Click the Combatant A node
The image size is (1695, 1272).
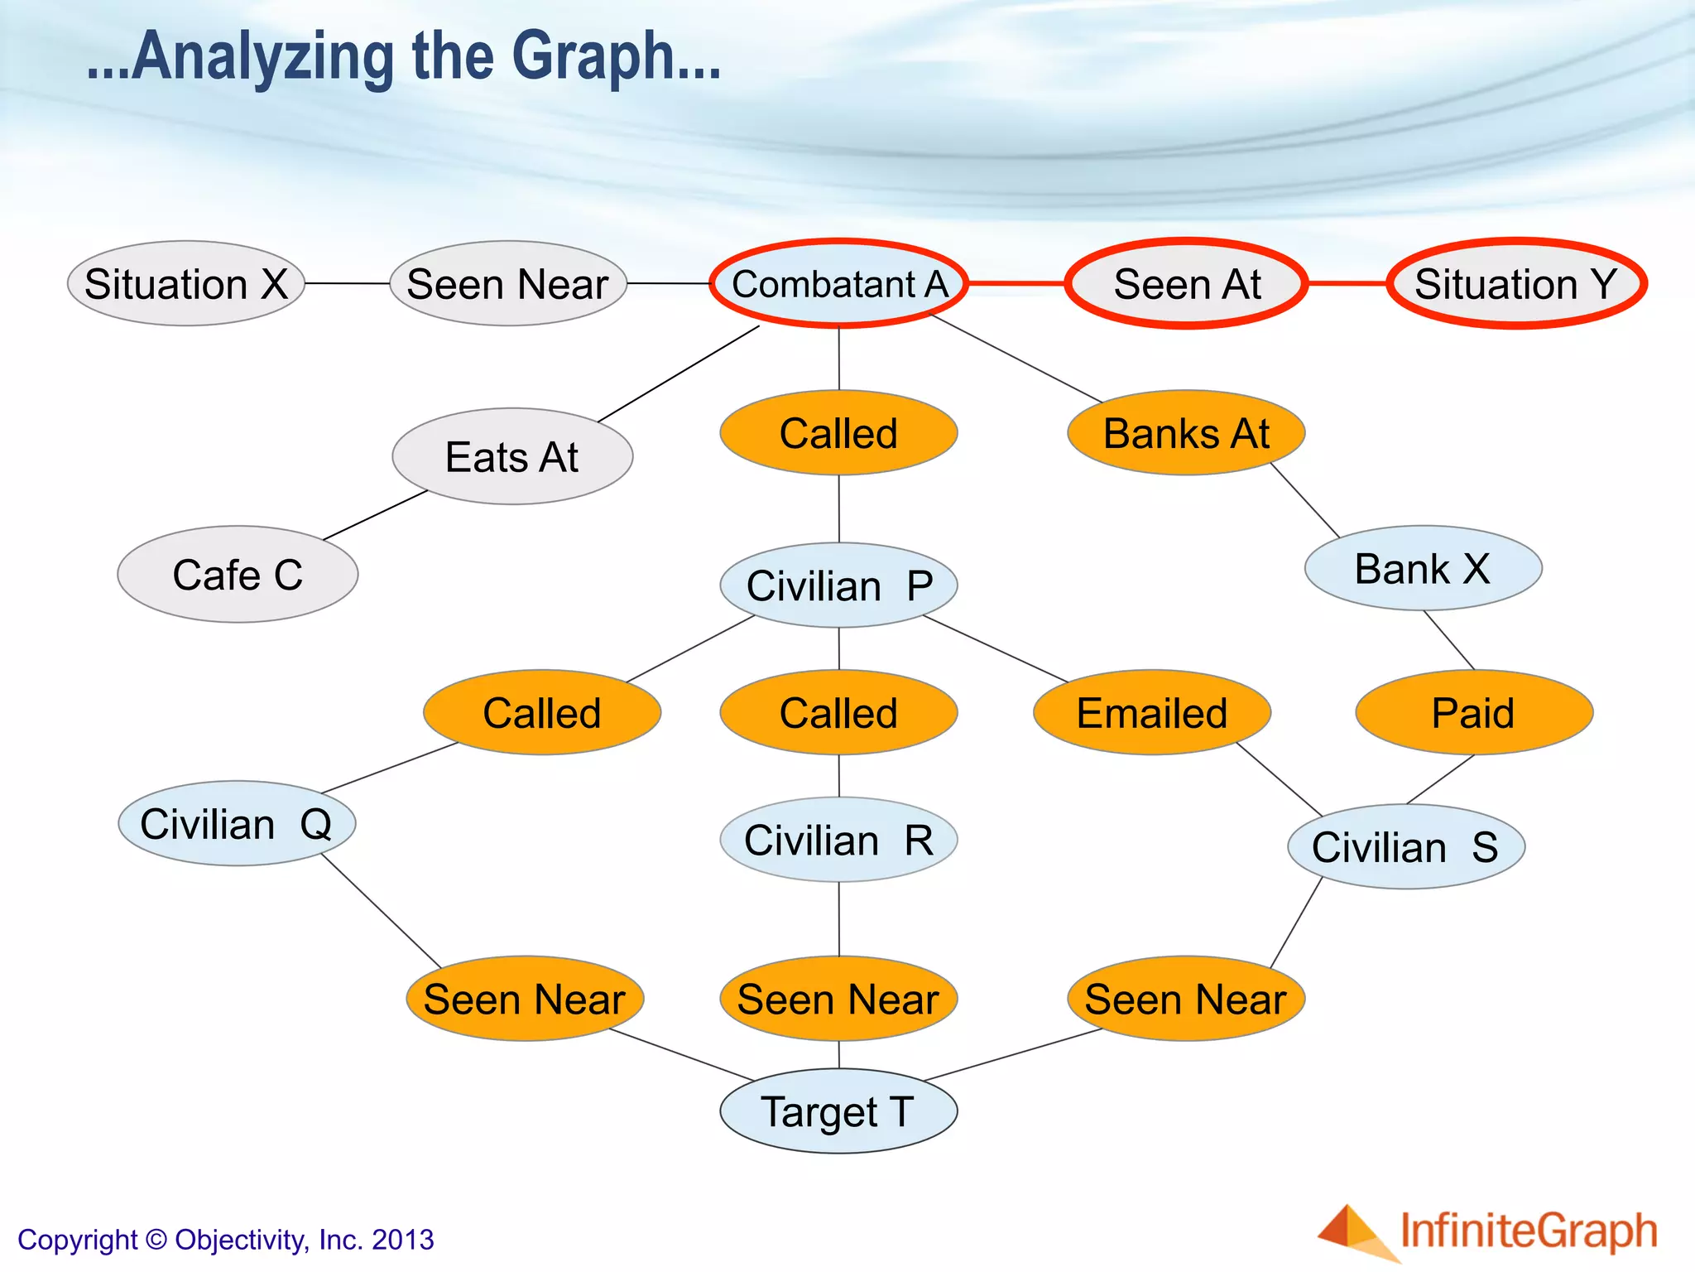tap(838, 284)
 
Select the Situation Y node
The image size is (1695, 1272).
tap(1516, 284)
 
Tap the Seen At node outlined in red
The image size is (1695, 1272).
tap(1187, 284)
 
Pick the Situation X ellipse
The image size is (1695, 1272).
tap(186, 284)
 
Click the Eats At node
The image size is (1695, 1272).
tap(512, 456)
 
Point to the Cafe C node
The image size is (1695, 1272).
tap(238, 575)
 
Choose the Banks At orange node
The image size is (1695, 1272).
tap(1186, 433)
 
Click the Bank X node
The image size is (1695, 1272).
tap(1423, 569)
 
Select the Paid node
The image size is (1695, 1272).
tap(1473, 712)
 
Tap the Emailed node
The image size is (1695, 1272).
tap(1152, 712)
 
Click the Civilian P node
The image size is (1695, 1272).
tap(838, 585)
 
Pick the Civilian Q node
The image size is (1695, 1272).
tap(237, 824)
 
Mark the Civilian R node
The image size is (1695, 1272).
tap(838, 840)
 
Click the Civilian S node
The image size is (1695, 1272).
tap(1405, 846)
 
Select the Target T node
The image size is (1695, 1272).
tap(838, 1111)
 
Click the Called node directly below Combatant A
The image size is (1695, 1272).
tap(838, 433)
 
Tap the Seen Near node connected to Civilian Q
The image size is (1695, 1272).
tap(525, 999)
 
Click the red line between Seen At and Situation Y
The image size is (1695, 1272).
tap(1347, 283)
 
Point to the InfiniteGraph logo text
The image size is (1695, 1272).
tap(1528, 1231)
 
